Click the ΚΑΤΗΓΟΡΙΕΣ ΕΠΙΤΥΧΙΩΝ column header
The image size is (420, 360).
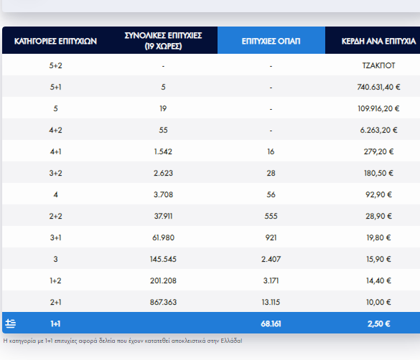(55, 41)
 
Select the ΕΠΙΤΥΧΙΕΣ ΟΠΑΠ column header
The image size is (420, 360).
(271, 41)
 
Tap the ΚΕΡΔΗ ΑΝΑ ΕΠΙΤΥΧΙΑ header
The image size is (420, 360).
(378, 41)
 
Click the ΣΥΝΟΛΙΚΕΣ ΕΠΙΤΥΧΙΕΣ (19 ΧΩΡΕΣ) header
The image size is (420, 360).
(163, 41)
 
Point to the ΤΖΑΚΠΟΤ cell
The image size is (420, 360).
(378, 65)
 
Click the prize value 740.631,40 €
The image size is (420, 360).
(378, 87)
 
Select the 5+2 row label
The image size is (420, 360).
(55, 65)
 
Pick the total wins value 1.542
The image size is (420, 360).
(163, 151)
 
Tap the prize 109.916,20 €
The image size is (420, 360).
(378, 108)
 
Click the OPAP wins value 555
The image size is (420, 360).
(271, 216)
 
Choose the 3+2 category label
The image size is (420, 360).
(55, 173)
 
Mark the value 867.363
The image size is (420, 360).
(163, 302)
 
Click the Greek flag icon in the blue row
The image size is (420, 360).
(11, 323)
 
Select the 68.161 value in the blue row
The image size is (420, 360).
(271, 324)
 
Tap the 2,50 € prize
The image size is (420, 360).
(378, 324)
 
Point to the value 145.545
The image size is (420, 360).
(163, 259)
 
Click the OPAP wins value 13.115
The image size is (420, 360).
(271, 302)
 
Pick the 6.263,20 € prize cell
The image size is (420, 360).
(378, 130)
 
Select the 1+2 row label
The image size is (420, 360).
(55, 280)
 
